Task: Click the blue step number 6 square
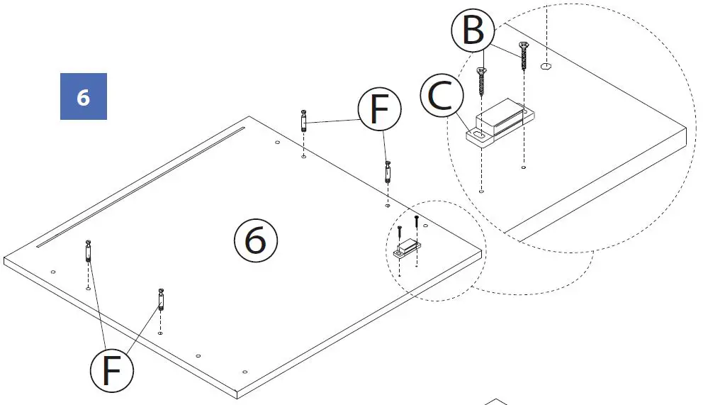(83, 96)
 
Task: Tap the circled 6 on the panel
(255, 241)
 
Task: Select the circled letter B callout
(473, 31)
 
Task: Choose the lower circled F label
(112, 370)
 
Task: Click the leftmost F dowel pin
(88, 253)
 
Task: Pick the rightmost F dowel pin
(387, 172)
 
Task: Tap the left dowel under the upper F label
(303, 120)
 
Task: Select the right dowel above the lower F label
(161, 299)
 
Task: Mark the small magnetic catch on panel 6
(407, 248)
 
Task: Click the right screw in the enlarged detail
(524, 56)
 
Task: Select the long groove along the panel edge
(142, 186)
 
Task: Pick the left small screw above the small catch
(400, 231)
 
